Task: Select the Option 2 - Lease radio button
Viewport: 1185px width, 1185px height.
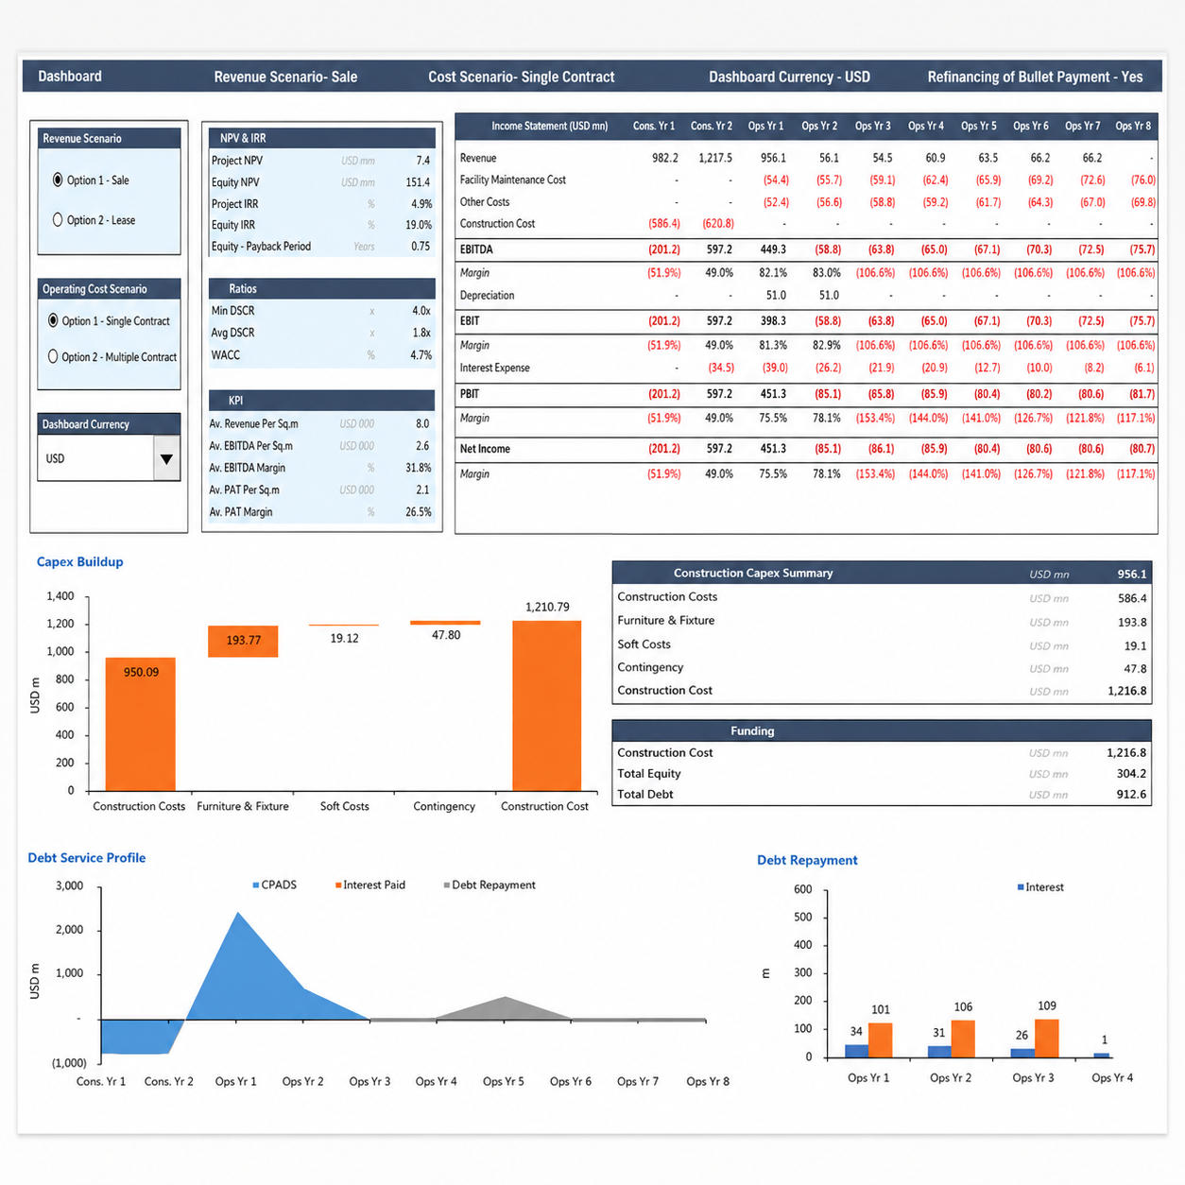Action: tap(58, 219)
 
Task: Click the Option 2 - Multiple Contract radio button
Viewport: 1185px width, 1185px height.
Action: tap(53, 356)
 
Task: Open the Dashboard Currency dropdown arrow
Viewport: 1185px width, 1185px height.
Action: tap(166, 458)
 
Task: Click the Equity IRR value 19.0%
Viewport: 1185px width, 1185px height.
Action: tap(419, 225)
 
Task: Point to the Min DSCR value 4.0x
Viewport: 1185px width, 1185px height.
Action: tap(421, 311)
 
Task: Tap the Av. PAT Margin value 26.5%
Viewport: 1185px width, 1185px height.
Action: tap(419, 512)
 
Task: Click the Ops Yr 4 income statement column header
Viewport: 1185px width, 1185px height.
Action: tap(925, 126)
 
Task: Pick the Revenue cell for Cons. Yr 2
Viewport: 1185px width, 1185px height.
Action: tap(715, 158)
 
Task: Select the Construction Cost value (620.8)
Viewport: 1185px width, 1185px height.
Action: tap(718, 224)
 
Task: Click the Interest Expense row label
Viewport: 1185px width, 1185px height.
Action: tap(494, 368)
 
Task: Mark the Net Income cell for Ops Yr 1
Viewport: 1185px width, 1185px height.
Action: tap(773, 449)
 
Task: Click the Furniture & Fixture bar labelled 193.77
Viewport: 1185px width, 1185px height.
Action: tap(243, 642)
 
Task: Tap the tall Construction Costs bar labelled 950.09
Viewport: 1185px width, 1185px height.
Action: tap(140, 724)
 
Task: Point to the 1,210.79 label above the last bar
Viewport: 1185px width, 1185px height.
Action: tap(547, 607)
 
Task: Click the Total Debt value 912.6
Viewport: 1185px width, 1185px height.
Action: tap(1131, 795)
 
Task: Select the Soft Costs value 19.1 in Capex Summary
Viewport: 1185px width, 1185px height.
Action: tap(1135, 645)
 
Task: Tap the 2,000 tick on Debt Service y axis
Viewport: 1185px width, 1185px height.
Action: tap(70, 929)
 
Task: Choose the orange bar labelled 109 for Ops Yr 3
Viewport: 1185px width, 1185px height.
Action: tap(1047, 1038)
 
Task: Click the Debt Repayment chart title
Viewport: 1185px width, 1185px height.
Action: tap(807, 860)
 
